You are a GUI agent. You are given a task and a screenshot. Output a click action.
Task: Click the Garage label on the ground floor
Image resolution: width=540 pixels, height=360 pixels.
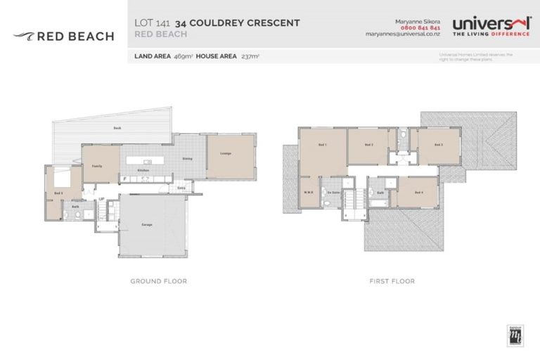tap(148, 224)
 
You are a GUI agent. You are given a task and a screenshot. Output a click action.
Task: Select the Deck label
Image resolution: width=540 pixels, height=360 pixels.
tap(118, 128)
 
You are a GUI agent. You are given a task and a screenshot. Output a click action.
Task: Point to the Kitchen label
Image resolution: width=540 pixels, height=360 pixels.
tap(143, 170)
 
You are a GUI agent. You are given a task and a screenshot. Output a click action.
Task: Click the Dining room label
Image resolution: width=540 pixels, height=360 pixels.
tap(188, 158)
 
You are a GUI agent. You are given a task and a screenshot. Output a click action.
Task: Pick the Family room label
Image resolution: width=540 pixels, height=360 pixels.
tap(98, 166)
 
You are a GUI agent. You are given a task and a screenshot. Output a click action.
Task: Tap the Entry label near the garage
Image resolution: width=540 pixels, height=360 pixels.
tap(181, 188)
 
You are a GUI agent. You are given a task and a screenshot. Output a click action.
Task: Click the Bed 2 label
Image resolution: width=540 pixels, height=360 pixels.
tap(368, 144)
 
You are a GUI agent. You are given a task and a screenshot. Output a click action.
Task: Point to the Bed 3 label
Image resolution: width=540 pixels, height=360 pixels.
tap(437, 144)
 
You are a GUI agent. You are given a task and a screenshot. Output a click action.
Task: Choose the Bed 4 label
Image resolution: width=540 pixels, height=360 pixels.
tap(418, 192)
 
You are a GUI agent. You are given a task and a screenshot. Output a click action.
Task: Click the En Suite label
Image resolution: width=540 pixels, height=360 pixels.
tap(333, 192)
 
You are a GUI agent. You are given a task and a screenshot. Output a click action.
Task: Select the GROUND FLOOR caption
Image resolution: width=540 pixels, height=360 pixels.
tap(158, 281)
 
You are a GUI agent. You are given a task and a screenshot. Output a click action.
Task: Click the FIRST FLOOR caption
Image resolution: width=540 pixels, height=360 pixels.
tap(392, 281)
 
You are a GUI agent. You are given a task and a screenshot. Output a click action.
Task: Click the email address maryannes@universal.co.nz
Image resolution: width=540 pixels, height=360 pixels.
tap(403, 34)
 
